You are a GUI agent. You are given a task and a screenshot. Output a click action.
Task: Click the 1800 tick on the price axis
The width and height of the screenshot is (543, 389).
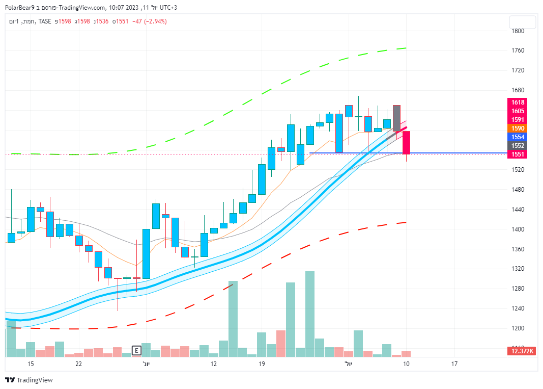click(x=518, y=31)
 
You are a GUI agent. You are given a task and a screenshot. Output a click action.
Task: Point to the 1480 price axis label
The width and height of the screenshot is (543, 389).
click(x=518, y=190)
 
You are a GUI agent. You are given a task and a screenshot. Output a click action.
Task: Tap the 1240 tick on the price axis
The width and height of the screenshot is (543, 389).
click(x=518, y=308)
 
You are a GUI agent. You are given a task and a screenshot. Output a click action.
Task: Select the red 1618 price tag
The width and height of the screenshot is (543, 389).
click(x=519, y=102)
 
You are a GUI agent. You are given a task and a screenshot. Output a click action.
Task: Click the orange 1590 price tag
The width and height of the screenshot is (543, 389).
click(x=519, y=128)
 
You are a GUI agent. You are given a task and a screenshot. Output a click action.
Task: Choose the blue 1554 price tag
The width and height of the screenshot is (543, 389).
click(x=519, y=137)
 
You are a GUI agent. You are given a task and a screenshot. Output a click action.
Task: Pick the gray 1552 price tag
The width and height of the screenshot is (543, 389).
click(x=519, y=146)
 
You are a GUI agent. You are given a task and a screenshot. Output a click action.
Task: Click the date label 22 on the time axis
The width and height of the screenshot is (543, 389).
click(x=78, y=364)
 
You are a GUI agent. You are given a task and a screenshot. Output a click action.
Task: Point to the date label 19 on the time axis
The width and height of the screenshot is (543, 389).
click(x=262, y=364)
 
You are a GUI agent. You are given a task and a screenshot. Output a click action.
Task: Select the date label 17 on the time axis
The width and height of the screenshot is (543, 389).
click(x=454, y=364)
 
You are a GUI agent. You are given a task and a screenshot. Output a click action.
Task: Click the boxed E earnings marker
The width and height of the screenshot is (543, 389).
click(x=136, y=350)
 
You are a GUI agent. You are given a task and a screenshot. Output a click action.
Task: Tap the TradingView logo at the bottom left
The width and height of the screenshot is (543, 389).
click(x=28, y=380)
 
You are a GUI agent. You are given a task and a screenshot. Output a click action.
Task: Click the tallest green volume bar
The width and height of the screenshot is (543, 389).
click(x=309, y=314)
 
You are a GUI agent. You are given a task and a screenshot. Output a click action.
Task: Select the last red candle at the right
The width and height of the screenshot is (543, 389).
click(x=406, y=143)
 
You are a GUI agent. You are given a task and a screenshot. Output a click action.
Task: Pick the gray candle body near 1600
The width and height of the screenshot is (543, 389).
click(x=396, y=118)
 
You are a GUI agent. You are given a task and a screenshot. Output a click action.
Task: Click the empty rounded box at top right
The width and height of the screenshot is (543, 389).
click(x=522, y=22)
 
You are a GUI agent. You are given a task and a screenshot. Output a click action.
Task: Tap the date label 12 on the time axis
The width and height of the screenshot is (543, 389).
click(x=214, y=364)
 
